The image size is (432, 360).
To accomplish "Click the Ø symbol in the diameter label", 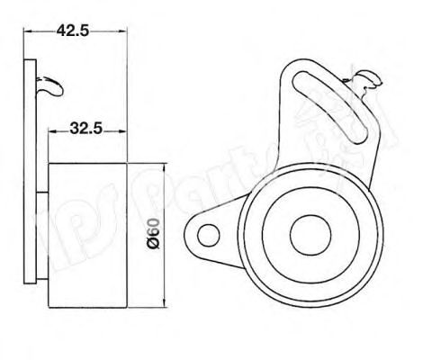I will click(155, 247).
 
